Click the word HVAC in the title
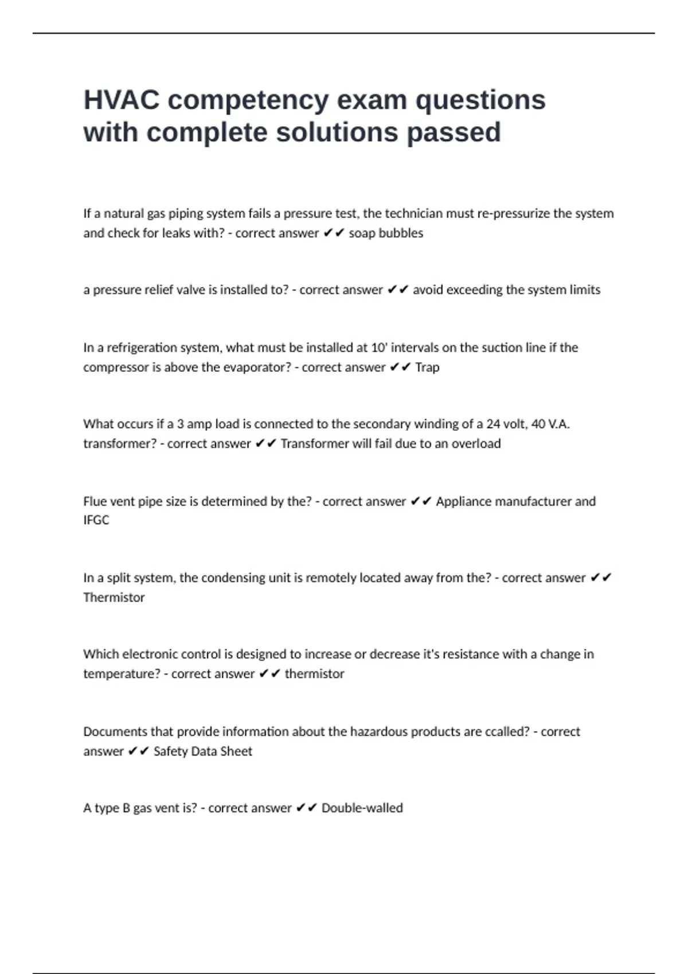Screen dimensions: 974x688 point(122,100)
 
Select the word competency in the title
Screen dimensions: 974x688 point(248,100)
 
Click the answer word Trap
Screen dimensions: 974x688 point(427,367)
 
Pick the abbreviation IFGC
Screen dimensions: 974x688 point(96,520)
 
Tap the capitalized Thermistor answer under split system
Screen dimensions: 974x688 point(114,598)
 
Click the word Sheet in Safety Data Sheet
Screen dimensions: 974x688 point(236,751)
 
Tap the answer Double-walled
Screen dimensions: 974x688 point(362,808)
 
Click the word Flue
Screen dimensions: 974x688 point(95,501)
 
